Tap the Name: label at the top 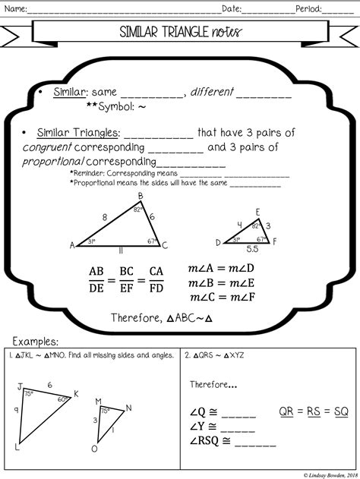17,9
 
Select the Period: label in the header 306,9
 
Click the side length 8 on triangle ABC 104,217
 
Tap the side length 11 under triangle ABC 120,250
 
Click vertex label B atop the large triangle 141,196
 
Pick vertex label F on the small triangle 275,241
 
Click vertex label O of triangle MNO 94,449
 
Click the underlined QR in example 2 286,411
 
